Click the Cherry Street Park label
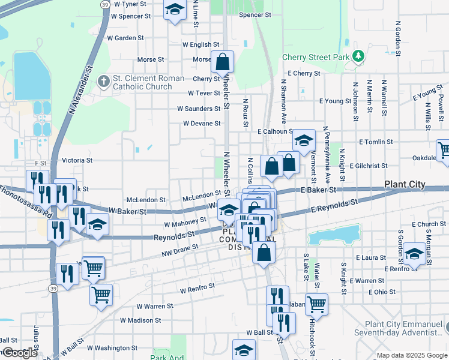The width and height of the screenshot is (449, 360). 316,58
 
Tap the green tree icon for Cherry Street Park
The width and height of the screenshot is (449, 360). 358,56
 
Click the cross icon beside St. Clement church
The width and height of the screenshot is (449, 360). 104,80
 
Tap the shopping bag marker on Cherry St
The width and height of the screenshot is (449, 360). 222,62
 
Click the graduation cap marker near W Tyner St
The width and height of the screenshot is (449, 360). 175,10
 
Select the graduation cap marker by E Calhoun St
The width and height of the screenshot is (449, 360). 304,141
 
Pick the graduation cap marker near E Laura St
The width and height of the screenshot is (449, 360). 414,253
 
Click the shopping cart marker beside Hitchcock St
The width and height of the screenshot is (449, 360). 316,304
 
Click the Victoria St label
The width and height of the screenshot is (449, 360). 77,160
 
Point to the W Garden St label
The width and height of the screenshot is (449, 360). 124,37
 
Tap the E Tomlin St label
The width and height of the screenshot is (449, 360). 376,142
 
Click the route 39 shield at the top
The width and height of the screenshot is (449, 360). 105,4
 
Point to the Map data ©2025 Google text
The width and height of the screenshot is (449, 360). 411,355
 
